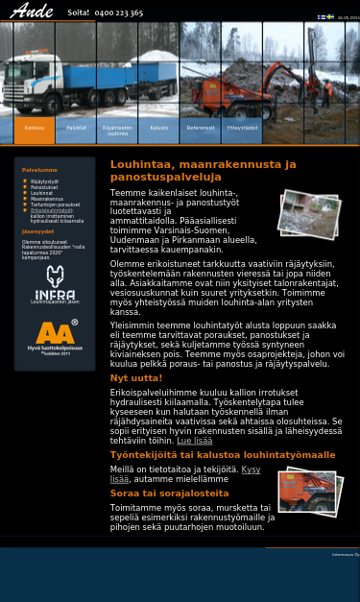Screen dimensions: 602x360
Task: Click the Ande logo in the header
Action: point(31,12)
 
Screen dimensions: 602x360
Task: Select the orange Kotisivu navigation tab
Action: point(35,128)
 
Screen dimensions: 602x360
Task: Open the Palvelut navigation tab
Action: point(76,128)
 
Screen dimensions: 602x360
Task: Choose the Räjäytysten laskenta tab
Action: point(117,130)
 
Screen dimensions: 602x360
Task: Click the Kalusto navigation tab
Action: point(158,128)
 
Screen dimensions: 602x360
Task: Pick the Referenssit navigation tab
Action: point(201,128)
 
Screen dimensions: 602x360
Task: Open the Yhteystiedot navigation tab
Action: point(242,128)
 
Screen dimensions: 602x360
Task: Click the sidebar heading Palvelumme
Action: point(40,170)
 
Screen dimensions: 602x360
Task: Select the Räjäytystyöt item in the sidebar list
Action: point(44,181)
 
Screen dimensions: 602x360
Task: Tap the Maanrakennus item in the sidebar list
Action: point(46,199)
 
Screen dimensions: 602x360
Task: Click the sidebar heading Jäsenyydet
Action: point(37,231)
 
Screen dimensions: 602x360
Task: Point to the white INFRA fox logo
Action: point(55,284)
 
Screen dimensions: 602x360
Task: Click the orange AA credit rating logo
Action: point(55,336)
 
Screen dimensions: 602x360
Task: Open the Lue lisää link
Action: point(194,441)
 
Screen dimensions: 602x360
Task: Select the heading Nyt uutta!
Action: point(135,378)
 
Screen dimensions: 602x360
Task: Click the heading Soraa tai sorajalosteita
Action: point(169,494)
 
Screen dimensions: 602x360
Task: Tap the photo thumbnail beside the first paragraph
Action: point(309,212)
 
